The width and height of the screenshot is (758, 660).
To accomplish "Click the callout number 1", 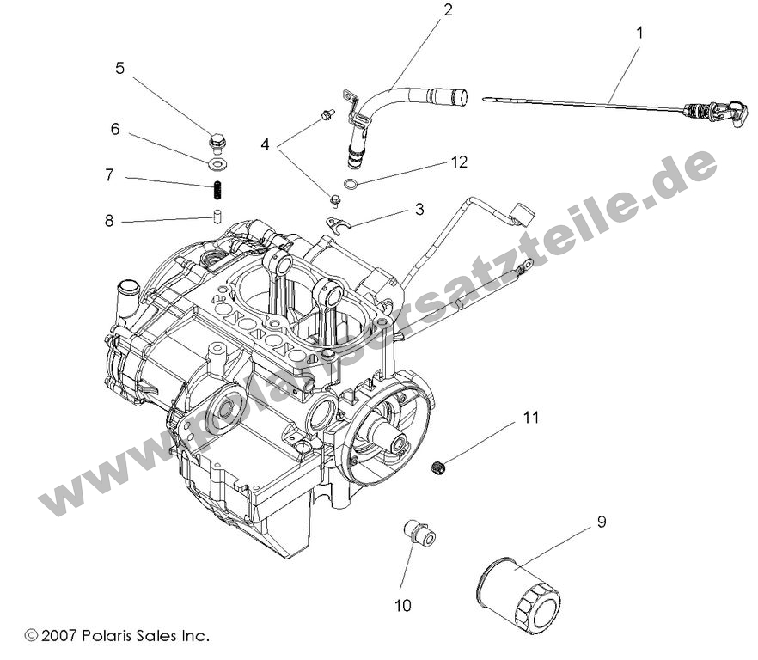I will click(x=639, y=34).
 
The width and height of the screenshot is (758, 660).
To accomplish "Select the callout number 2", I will click(x=447, y=10).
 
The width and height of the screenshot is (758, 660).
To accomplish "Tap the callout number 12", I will click(x=460, y=162).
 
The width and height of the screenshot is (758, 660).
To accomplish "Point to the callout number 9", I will click(x=602, y=522).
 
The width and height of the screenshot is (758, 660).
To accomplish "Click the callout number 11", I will click(x=530, y=419).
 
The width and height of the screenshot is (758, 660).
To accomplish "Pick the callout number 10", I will click(x=403, y=605).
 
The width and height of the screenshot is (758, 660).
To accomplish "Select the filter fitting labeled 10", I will click(x=420, y=533).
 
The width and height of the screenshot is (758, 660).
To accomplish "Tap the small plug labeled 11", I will click(x=440, y=467).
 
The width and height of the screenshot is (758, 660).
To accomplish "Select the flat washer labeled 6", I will click(x=217, y=162).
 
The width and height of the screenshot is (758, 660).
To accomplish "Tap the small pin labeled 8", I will click(x=218, y=214).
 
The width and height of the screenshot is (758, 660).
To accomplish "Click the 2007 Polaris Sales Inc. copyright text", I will click(x=117, y=637).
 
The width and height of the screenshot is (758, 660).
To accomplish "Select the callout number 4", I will click(x=266, y=144).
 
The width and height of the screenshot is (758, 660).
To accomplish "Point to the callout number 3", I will click(x=419, y=209).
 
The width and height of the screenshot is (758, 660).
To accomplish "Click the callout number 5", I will click(x=119, y=68).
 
